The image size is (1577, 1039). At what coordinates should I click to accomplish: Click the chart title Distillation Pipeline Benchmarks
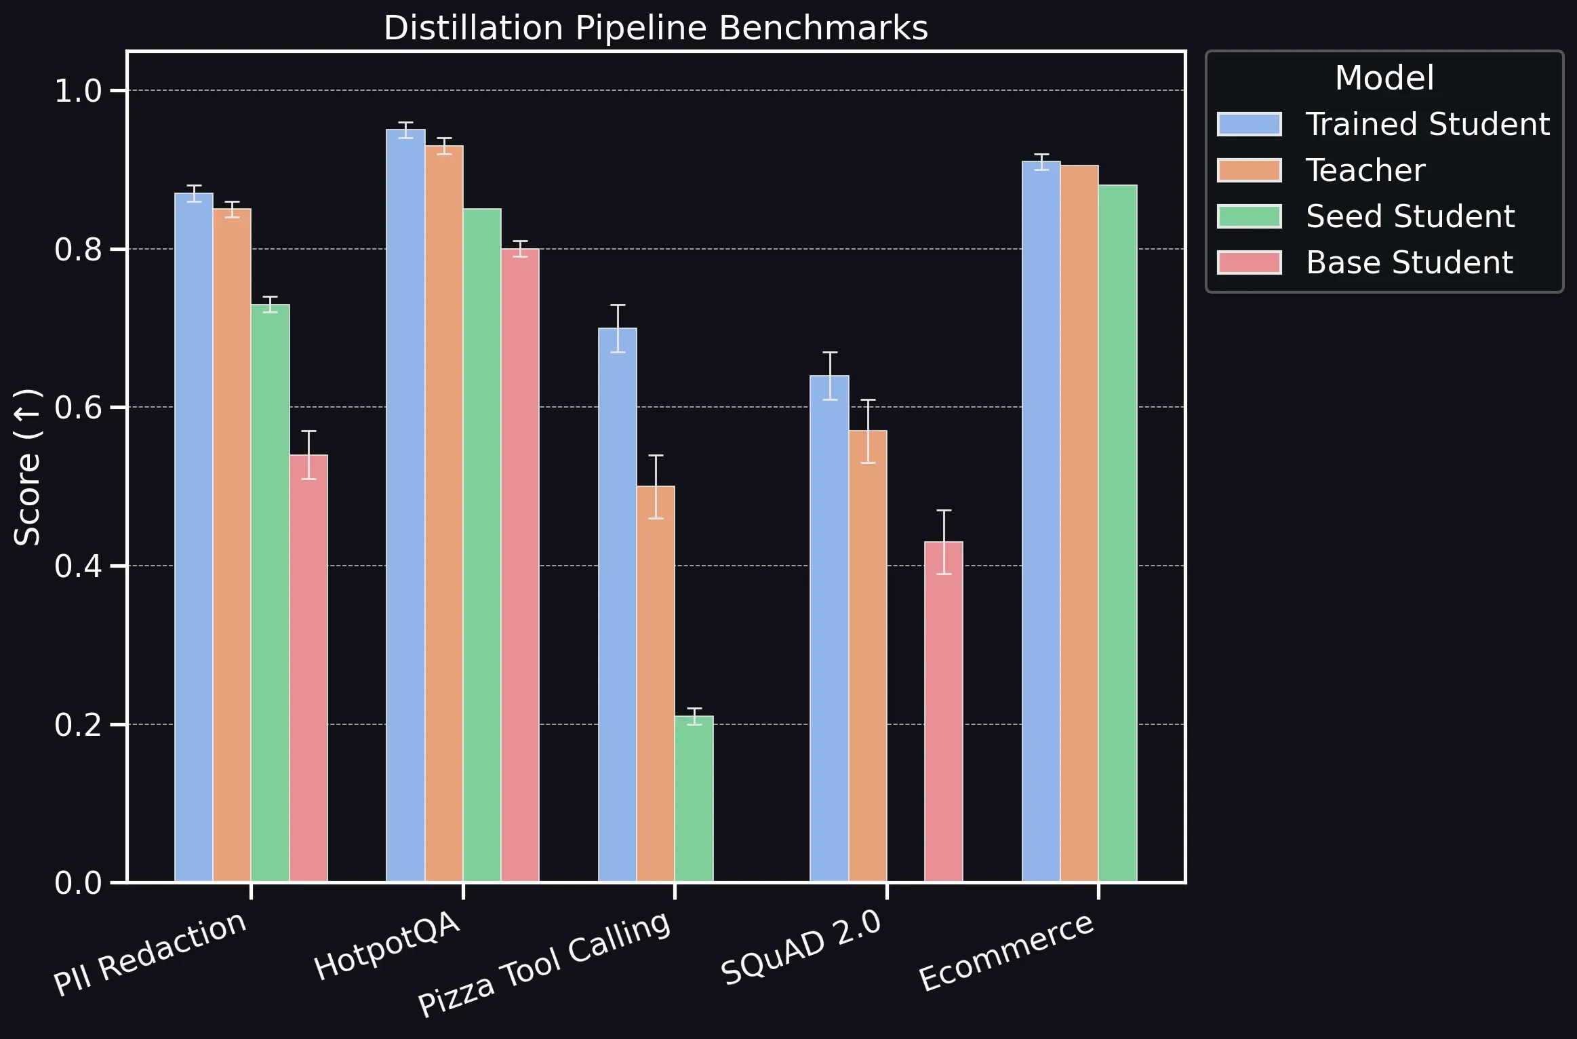656,28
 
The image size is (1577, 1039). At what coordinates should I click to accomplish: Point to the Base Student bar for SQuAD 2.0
944,711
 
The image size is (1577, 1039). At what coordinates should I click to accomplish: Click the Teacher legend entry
1365,170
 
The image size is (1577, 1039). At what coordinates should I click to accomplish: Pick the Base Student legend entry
1409,262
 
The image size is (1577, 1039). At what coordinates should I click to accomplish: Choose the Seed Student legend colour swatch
1249,216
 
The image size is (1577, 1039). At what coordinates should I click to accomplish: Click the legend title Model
1384,78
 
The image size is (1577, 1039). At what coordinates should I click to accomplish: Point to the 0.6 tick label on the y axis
78,408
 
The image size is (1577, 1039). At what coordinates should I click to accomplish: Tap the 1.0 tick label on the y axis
78,91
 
